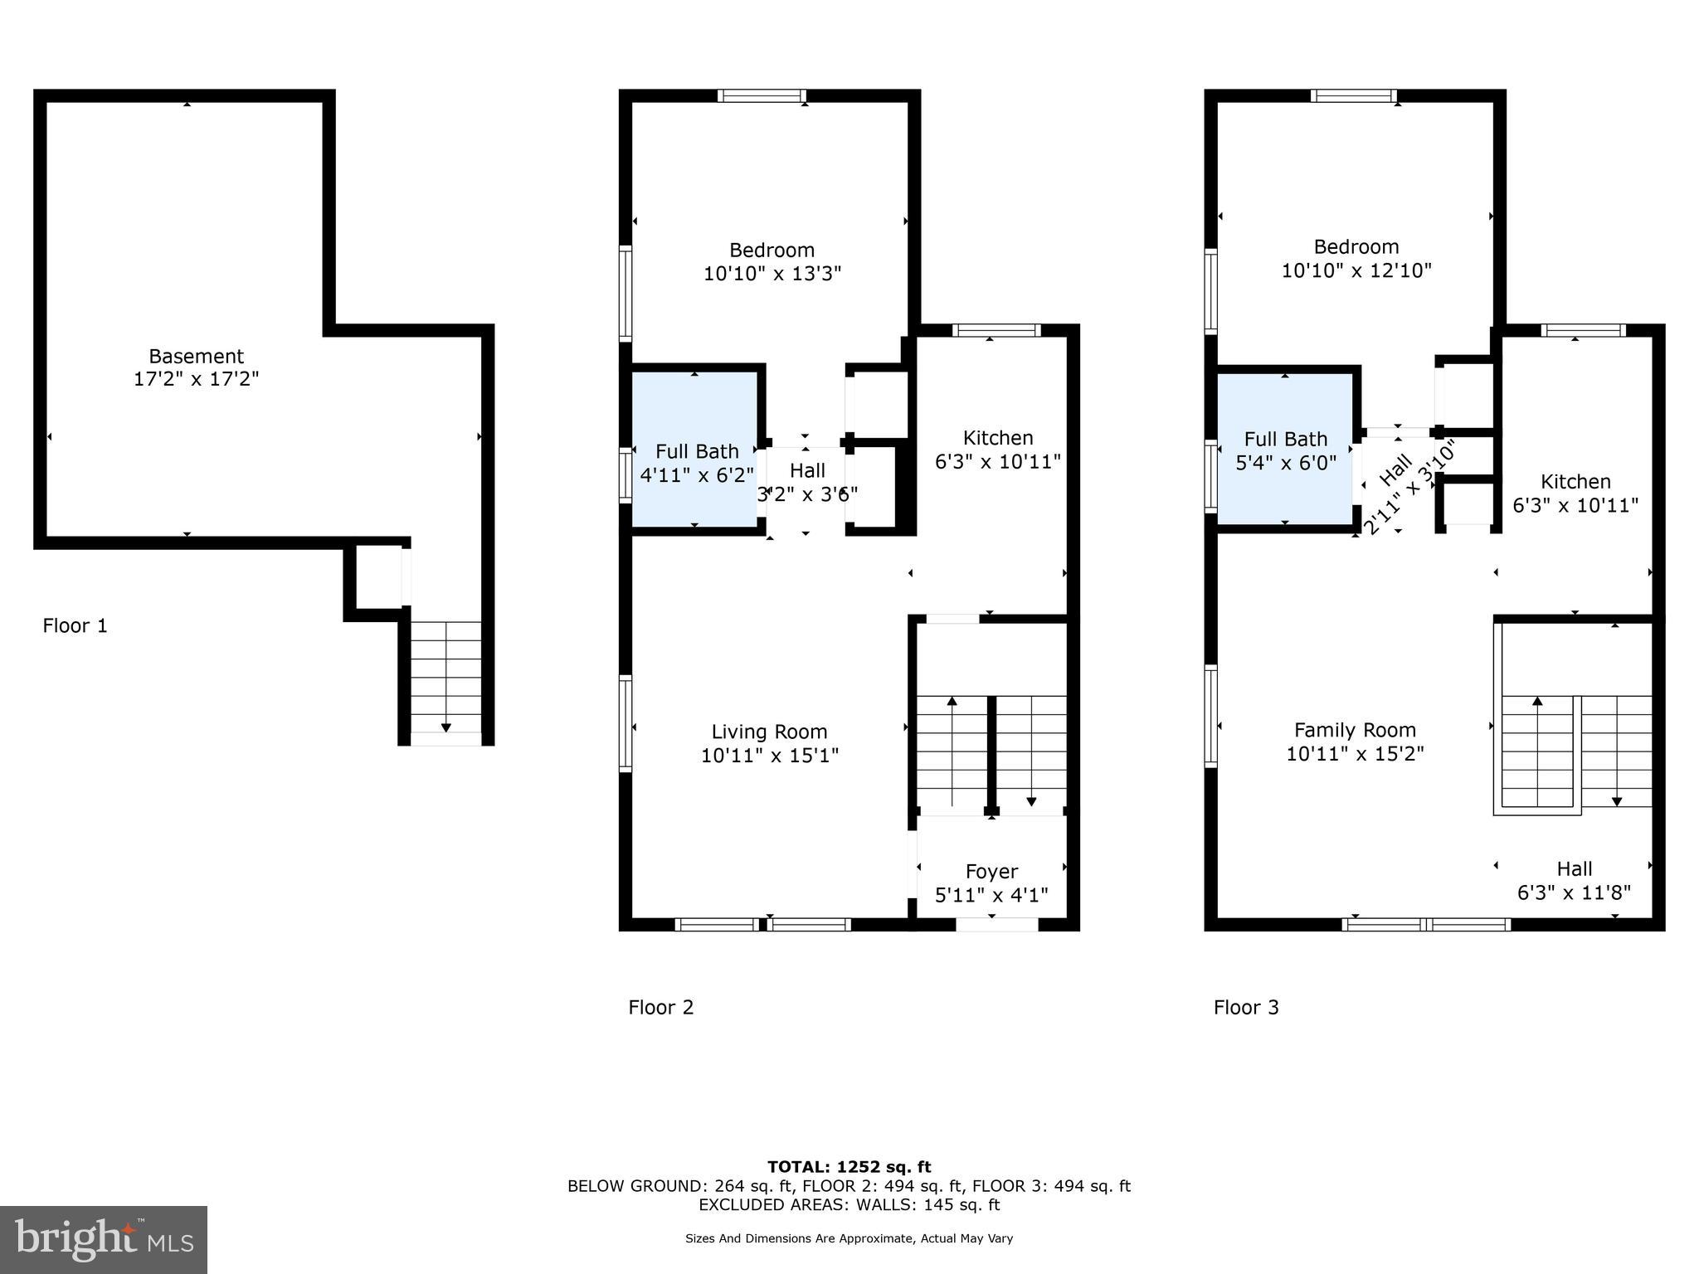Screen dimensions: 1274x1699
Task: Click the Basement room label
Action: point(196,357)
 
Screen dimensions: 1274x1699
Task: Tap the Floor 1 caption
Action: point(75,625)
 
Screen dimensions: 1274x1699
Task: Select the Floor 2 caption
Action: point(660,1007)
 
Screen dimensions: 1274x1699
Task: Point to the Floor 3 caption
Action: point(1246,1007)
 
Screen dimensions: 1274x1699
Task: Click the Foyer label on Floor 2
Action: point(991,872)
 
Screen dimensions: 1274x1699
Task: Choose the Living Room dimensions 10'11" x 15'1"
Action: point(770,756)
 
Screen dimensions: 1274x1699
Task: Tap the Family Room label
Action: point(1355,730)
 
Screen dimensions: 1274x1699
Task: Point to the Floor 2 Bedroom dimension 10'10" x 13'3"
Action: point(772,274)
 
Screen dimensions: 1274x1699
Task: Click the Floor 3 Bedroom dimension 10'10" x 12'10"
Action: point(1356,270)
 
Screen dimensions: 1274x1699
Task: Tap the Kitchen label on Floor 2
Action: point(998,438)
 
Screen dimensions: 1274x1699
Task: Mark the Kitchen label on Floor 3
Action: point(1575,482)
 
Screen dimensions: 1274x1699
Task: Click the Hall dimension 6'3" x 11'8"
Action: point(1574,892)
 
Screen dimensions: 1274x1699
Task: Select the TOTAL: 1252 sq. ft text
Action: point(849,1167)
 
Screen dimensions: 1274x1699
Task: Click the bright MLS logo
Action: point(104,1239)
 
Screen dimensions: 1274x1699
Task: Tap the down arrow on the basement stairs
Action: point(446,727)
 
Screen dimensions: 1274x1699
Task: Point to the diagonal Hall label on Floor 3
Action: point(1395,470)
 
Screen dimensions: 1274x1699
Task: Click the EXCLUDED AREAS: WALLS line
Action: point(849,1204)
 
